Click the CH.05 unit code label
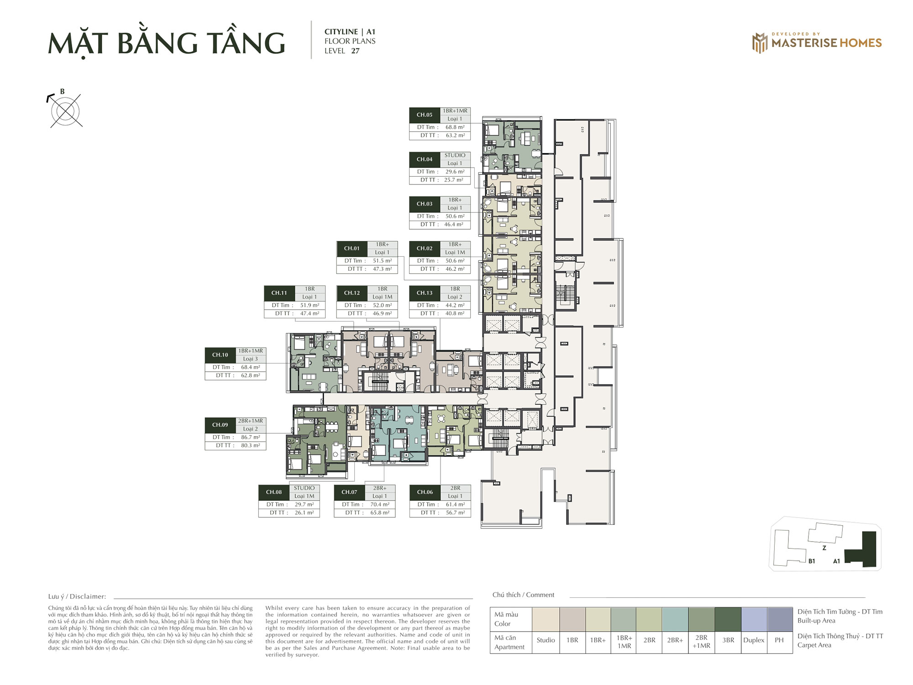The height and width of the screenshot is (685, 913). pos(424,115)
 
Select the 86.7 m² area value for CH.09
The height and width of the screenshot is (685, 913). pos(250,437)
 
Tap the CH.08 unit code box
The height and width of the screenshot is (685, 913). pos(273,492)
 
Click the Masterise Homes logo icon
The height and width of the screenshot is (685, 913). pos(760,43)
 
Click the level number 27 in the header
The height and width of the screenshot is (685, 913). pos(355,51)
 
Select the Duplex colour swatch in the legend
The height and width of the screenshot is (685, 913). pos(754,619)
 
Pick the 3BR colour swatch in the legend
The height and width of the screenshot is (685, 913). pos(728,619)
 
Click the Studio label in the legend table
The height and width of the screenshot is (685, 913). pos(546,640)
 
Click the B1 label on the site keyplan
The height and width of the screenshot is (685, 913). pos(811,561)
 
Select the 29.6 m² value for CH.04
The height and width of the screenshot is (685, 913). pos(455,172)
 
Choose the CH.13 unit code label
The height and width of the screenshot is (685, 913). pos(424,293)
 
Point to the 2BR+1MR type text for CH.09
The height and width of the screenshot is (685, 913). pos(250,421)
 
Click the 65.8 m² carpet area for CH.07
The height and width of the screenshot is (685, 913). pos(379,513)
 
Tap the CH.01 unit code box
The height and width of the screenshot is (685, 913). pos(352,248)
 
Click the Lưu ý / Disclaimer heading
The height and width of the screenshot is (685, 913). pos(77,596)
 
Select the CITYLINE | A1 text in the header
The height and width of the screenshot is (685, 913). pos(350,32)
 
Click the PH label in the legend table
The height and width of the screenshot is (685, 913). pos(779,640)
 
